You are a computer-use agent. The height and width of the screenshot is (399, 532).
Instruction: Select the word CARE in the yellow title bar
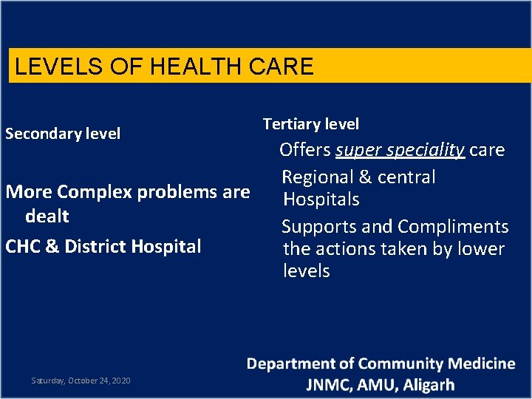click(x=285, y=67)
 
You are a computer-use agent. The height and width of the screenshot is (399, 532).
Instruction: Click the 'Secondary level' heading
click(x=63, y=134)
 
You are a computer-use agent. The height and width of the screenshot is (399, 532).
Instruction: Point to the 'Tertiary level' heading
click(x=311, y=124)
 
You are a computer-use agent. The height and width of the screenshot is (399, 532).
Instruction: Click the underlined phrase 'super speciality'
click(x=400, y=150)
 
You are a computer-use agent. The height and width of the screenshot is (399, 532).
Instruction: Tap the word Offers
click(x=305, y=150)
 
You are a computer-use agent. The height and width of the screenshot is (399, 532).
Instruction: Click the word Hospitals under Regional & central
click(x=321, y=199)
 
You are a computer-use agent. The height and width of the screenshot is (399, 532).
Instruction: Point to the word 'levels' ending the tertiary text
click(x=306, y=271)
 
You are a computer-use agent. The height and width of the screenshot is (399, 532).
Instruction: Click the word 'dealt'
click(x=47, y=216)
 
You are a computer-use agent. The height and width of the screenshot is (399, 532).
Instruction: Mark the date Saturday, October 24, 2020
click(x=81, y=381)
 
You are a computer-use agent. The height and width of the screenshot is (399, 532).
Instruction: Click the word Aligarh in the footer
click(x=429, y=385)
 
